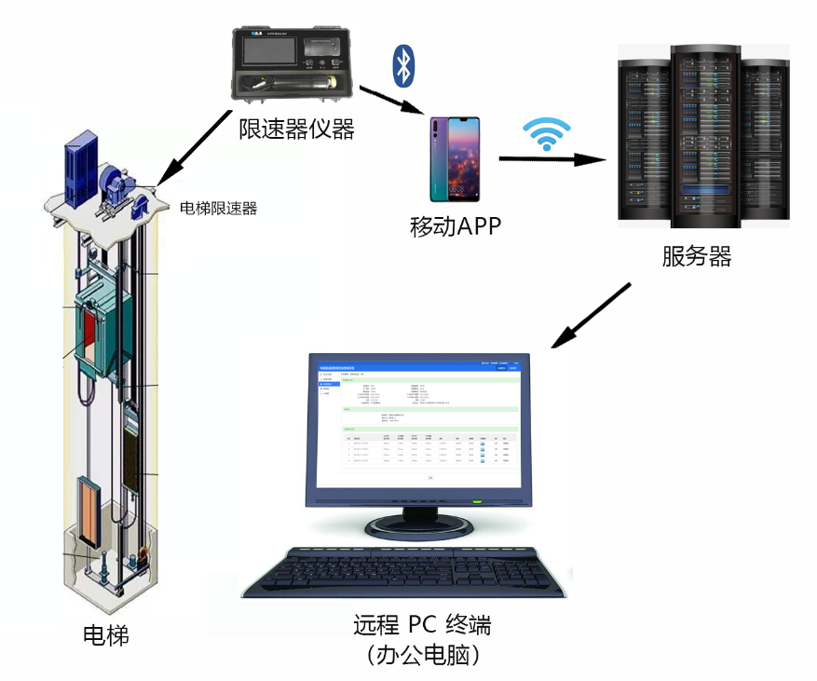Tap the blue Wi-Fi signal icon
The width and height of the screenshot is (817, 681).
[546, 134]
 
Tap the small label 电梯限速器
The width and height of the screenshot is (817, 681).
[218, 209]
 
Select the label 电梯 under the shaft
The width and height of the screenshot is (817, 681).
[105, 636]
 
